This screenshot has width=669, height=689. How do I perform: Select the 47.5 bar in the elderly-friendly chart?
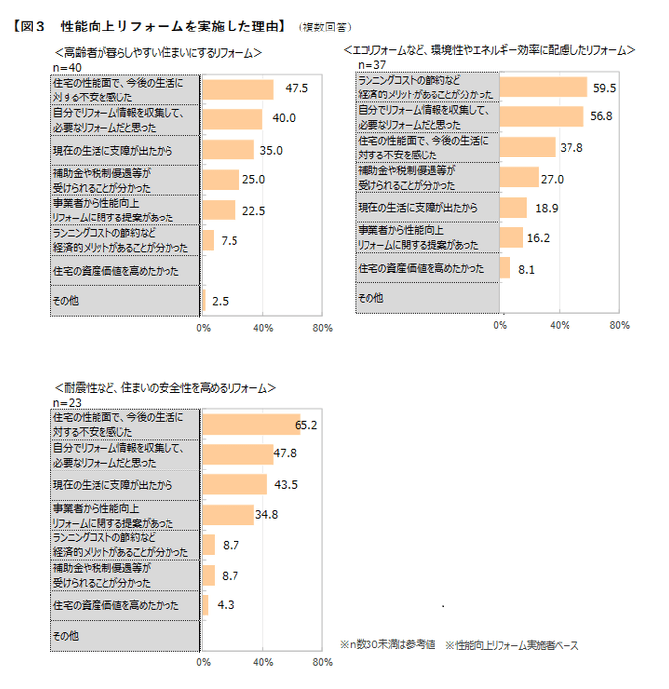[x=237, y=89]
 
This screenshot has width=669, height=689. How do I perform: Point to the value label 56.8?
[x=600, y=116]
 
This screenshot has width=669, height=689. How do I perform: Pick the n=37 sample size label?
[x=371, y=64]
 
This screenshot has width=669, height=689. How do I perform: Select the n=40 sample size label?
[x=65, y=66]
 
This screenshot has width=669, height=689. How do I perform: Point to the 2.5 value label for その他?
[x=220, y=301]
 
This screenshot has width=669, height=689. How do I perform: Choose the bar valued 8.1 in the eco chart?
[x=505, y=268]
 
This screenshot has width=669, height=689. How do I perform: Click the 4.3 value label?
[x=224, y=605]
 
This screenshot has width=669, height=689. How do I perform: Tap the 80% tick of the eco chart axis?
[x=619, y=324]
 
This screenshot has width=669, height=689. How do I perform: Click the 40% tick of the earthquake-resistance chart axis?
[x=262, y=662]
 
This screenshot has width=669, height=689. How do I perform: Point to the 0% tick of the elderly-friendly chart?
[x=203, y=327]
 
